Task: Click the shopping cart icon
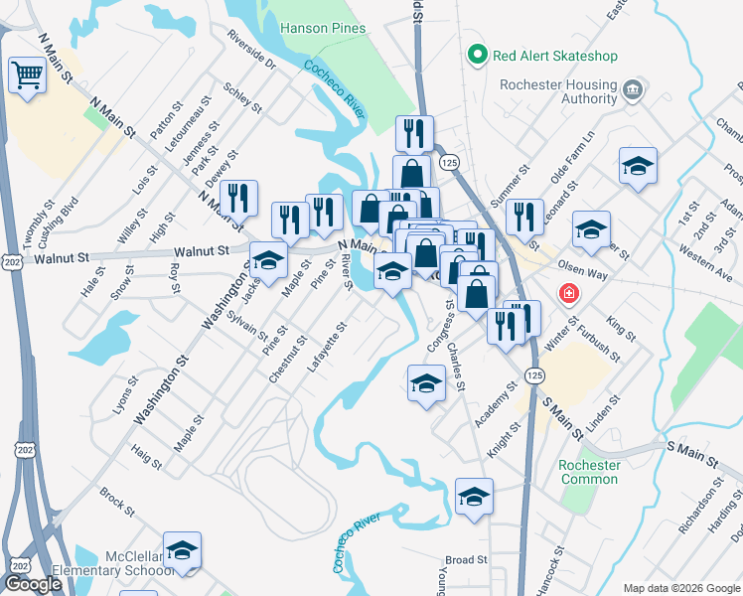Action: pos(27,74)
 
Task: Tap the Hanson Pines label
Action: pos(321,29)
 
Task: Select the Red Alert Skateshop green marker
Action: pos(478,56)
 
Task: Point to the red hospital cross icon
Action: pos(568,294)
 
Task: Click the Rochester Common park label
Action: pos(589,472)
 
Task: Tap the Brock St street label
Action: pos(116,503)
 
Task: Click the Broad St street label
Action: pos(465,560)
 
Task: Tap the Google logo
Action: pos(34,584)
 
